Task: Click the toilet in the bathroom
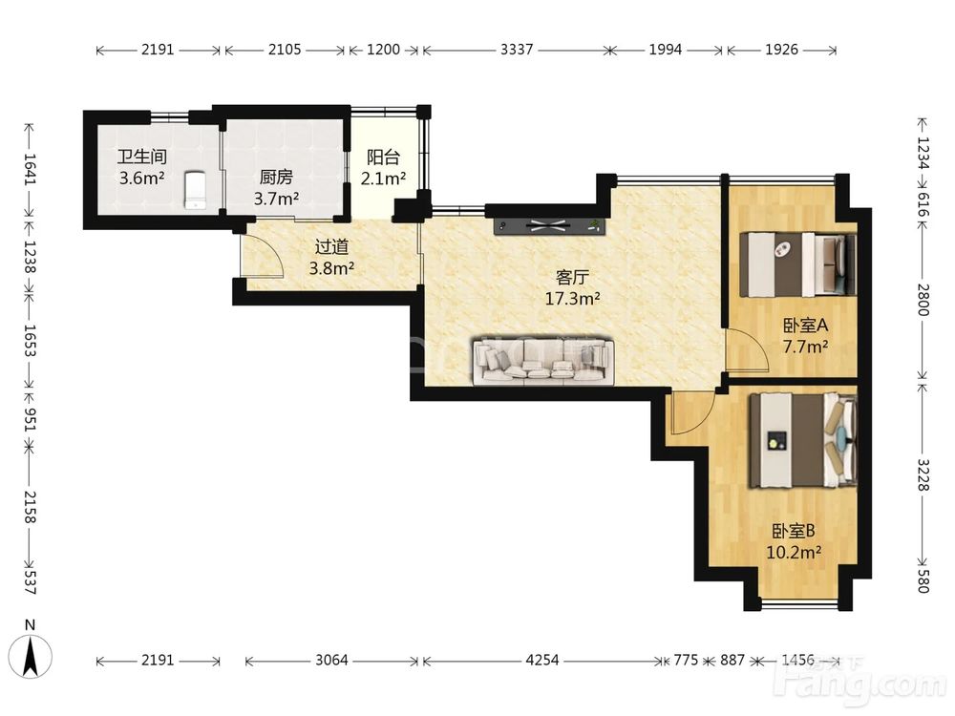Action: (x=194, y=190)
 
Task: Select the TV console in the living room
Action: (x=550, y=226)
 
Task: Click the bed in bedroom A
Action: (x=797, y=264)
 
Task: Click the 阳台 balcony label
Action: (x=384, y=158)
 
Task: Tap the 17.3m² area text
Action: (x=572, y=298)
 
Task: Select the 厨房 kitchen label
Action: (x=277, y=178)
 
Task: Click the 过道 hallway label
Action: (x=332, y=246)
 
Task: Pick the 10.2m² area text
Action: (x=794, y=552)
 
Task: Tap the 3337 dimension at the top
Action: (x=517, y=50)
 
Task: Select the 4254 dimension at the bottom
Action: (x=542, y=660)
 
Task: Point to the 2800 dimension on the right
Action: (x=923, y=300)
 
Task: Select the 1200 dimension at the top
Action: (x=384, y=50)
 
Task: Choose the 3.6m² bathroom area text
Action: (x=142, y=178)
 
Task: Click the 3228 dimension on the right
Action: (x=923, y=474)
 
